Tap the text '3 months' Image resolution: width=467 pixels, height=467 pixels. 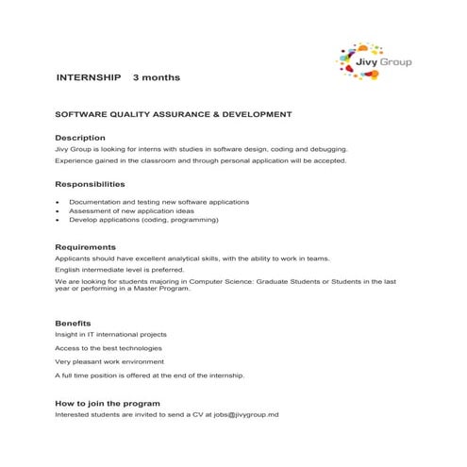156,77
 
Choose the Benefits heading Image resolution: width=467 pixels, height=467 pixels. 74,323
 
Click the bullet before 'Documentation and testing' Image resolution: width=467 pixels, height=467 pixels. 58,202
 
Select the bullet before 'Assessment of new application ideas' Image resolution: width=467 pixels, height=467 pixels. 58,210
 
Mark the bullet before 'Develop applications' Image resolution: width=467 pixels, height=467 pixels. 58,219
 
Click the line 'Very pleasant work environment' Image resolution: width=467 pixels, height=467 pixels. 109,361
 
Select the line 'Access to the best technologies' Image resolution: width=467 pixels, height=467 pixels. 109,347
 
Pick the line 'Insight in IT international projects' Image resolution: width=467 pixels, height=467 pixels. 111,334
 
